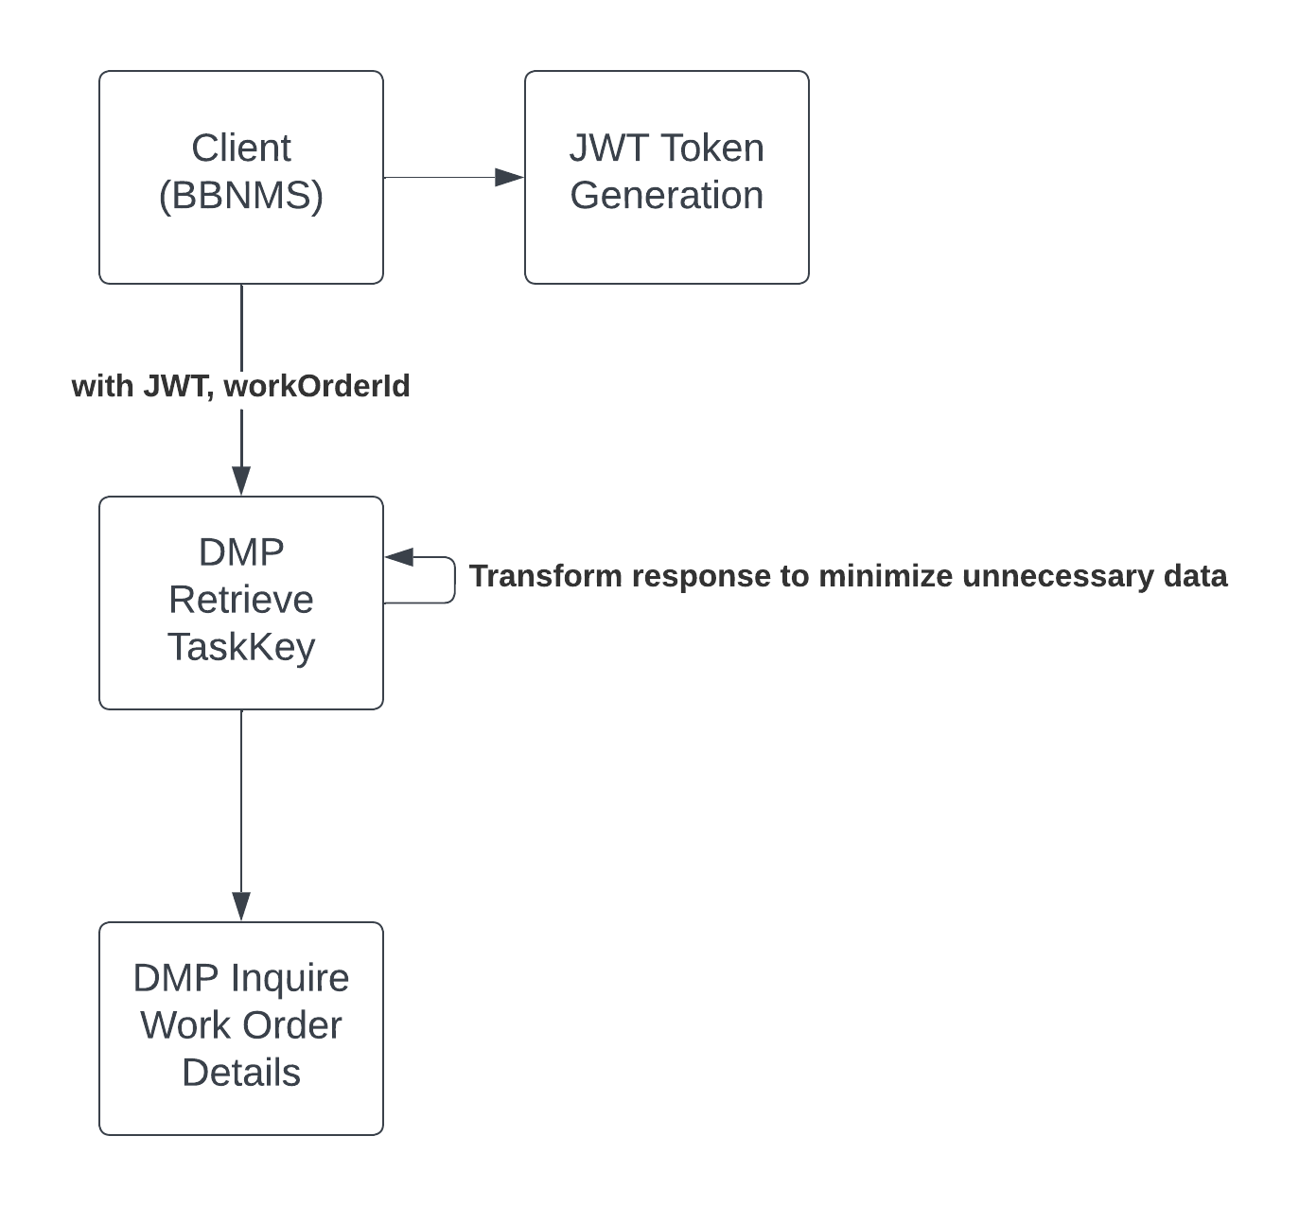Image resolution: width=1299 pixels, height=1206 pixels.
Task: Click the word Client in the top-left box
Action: point(240,149)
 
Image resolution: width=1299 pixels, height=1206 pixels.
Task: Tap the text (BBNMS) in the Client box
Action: point(240,196)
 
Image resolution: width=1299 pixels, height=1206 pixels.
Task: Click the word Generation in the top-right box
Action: point(666,196)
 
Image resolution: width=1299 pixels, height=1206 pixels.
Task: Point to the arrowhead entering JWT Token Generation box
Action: point(510,177)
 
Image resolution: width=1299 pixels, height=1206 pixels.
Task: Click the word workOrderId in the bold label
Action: point(317,386)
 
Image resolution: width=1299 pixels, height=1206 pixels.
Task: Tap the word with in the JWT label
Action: point(102,386)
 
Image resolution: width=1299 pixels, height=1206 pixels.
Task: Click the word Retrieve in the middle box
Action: point(240,600)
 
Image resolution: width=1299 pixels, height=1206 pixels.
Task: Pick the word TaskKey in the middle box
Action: point(240,647)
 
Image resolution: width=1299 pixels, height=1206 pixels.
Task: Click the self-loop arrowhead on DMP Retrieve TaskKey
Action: point(399,557)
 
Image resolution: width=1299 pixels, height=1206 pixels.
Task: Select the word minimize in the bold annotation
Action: point(885,576)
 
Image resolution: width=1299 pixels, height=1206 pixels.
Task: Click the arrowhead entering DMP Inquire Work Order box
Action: point(241,905)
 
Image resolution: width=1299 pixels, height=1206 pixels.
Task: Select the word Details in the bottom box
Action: point(240,1074)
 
